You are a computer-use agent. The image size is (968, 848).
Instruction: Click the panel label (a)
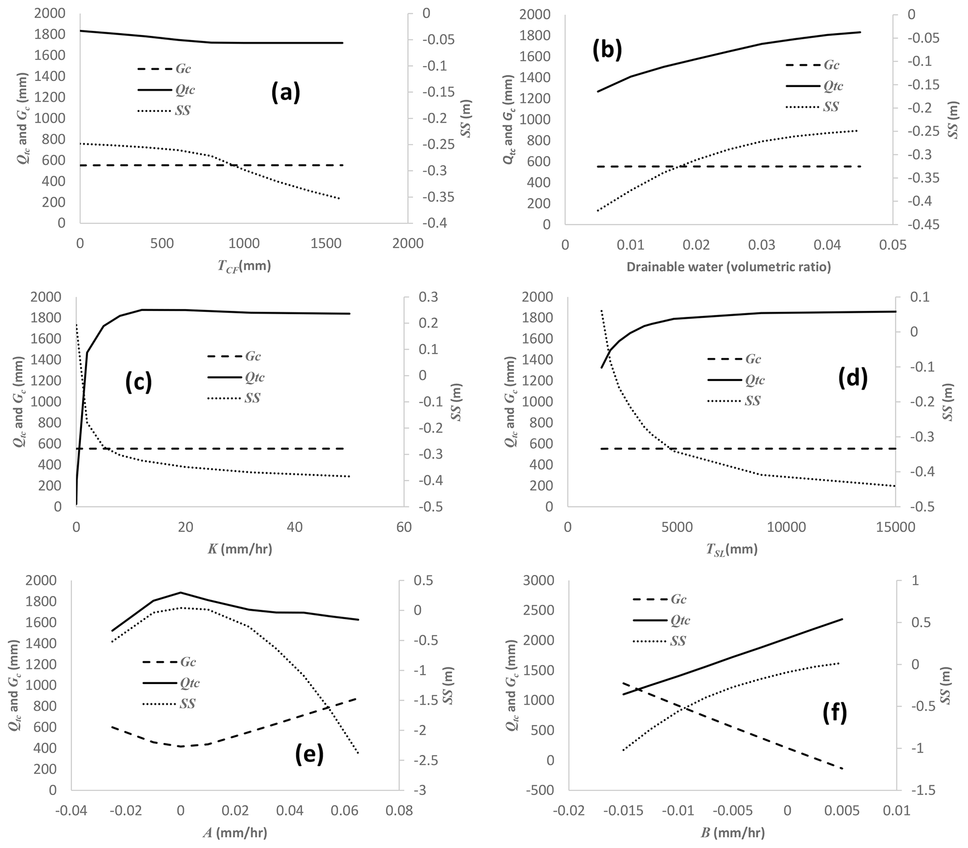pyautogui.click(x=286, y=93)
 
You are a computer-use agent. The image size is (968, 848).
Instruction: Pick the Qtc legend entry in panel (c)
pyautogui.click(x=236, y=377)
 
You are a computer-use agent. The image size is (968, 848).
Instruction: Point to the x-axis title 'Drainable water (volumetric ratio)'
pyautogui.click(x=728, y=267)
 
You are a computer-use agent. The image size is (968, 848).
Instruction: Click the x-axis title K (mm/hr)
pyautogui.click(x=240, y=549)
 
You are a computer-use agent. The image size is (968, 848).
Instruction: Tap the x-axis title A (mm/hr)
pyautogui.click(x=235, y=833)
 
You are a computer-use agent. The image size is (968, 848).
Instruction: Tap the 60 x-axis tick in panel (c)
pyautogui.click(x=404, y=527)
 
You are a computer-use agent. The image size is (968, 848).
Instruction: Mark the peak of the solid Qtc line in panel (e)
pyautogui.click(x=180, y=592)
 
